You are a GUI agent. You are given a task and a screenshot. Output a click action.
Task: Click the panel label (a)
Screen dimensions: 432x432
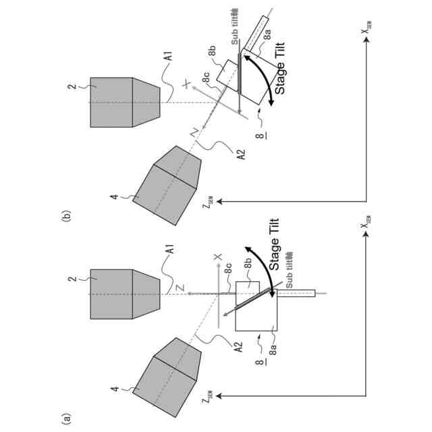(x=65, y=418)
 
